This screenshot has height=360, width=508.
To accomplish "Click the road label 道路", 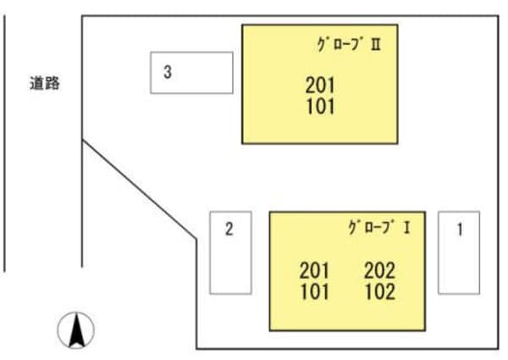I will point(43,84).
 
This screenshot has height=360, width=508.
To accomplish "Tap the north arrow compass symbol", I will point(76,330).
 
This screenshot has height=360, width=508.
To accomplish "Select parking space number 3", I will point(192,73).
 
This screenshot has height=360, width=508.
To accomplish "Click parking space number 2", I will point(230,252).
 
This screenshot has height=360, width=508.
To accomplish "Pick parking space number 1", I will point(459,252).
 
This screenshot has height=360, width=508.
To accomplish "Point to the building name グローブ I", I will point(378,227).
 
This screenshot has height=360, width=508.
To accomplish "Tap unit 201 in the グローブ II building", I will point(320,86).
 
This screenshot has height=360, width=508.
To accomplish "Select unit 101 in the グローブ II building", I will point(320,106).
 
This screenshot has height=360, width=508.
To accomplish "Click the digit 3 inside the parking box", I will point(168,73).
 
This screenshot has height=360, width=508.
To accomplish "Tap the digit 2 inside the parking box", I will point(229,228).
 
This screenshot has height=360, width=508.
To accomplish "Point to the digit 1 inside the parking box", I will point(459,228).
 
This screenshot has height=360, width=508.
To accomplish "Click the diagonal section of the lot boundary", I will point(140,191).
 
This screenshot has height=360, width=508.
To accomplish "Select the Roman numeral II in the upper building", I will point(375,45).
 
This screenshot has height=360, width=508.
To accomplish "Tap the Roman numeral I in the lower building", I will point(408,227).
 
